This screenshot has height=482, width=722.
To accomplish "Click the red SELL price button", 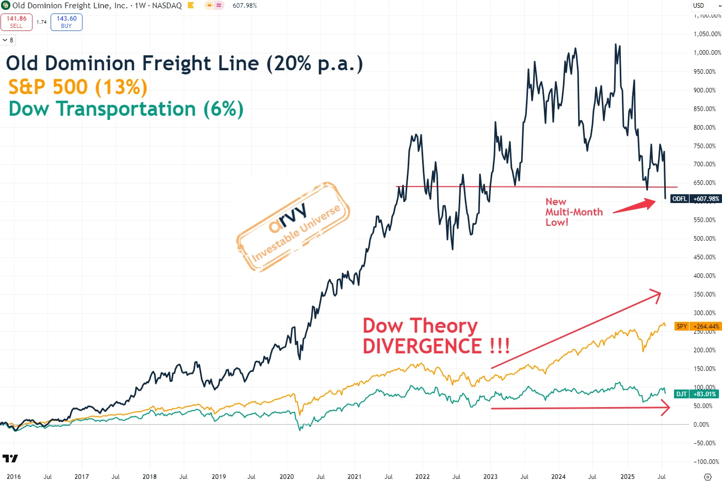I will coord(17,22).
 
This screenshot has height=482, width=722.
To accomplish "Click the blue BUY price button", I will coord(67,22).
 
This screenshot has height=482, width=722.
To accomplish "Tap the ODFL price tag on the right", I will coord(695,199).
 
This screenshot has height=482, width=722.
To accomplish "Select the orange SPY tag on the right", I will coord(697,326).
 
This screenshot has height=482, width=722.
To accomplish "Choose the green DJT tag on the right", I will coord(696,394).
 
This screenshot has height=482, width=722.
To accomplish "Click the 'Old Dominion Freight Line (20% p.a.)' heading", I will coord(184,64).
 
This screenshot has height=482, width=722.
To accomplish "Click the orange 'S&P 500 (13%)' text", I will coord(78,87).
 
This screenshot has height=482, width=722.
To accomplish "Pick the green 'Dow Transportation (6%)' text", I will coord(126,109).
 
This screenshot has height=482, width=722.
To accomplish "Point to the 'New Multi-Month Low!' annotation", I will coord(573,212).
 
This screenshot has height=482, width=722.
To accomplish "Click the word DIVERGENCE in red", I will coord(423,346).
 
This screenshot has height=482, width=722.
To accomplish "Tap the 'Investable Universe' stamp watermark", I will coord(293,228).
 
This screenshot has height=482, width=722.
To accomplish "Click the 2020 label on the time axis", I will coord(286,476).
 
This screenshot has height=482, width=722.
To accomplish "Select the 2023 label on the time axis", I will coord(490,476).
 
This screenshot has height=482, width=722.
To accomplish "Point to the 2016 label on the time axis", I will coord(13,476).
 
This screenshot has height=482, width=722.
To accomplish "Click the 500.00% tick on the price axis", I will coord(704,239).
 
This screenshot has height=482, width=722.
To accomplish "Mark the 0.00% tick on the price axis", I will coord(701,425).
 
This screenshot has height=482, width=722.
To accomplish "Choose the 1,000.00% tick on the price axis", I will coord(707,53).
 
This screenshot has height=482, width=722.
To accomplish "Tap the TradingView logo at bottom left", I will coord(10,458).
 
